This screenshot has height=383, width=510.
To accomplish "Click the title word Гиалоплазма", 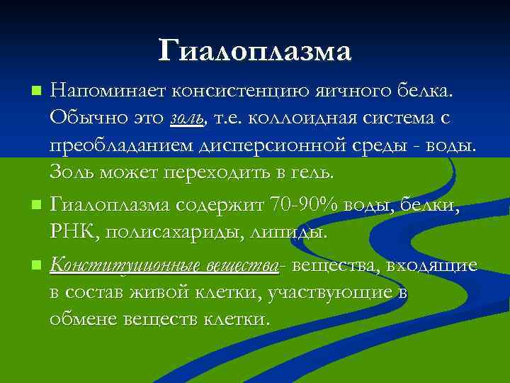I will tap(255, 51).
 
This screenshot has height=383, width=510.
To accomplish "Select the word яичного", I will tap(344, 91).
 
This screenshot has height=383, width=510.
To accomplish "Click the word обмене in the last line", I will tap(75, 318).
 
